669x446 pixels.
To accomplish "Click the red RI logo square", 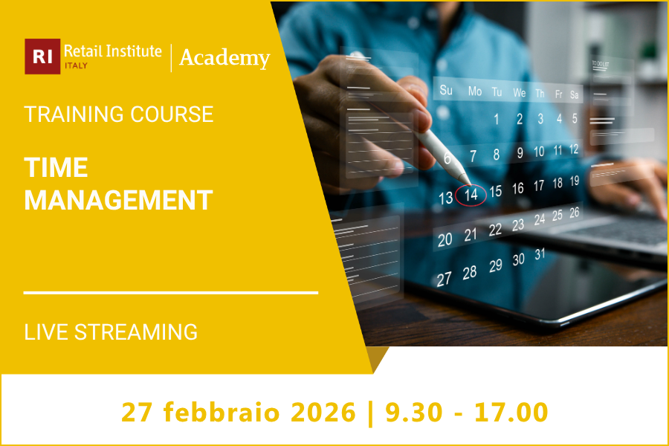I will [42, 57].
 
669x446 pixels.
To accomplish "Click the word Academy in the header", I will [224, 58].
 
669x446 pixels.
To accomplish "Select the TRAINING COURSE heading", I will [119, 114].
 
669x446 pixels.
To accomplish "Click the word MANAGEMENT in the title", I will [119, 200].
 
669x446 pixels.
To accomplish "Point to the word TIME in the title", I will [56, 167].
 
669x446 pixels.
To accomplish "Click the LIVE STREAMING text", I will [111, 332].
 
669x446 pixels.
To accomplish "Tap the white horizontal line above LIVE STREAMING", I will [171, 293].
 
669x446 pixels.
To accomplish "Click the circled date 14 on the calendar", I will [471, 195].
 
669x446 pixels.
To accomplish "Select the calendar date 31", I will [540, 254].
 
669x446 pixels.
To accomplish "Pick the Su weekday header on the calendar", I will [446, 91].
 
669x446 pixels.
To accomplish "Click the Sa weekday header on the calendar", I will [575, 95].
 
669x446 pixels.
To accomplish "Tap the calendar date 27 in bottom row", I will [444, 279].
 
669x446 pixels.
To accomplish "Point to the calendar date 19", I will [575, 181].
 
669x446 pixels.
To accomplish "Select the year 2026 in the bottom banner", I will [328, 411].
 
